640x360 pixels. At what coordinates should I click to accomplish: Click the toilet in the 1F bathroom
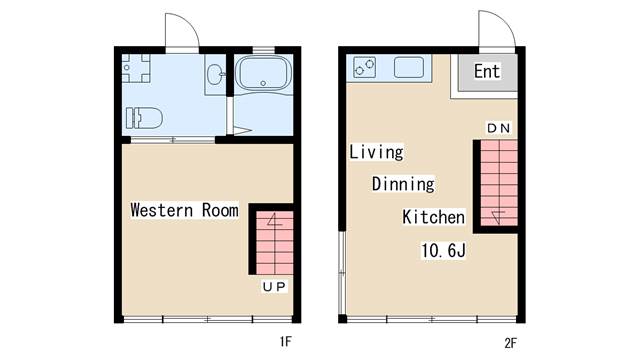[144, 118]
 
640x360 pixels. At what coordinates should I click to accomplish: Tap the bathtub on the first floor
[263, 75]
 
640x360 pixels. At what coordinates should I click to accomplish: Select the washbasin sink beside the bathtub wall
[215, 75]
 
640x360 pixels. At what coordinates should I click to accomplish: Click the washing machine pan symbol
[136, 68]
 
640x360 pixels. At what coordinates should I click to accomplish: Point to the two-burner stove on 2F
[364, 67]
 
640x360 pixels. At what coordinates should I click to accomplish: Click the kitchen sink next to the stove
[409, 67]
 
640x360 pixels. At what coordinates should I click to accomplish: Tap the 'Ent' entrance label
[487, 71]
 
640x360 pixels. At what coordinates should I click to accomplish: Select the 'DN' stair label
[498, 128]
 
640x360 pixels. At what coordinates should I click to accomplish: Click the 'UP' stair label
[274, 287]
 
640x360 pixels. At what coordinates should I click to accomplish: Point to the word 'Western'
[162, 210]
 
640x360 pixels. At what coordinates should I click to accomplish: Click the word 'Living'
[376, 152]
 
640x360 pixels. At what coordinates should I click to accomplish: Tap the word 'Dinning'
[403, 184]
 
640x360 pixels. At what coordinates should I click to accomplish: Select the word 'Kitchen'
[433, 217]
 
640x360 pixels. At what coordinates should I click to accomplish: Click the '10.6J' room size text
[443, 250]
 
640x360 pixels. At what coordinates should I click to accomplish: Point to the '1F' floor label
[286, 341]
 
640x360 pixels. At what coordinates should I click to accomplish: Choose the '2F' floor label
[510, 343]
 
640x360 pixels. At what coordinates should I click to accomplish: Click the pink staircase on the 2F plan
[499, 183]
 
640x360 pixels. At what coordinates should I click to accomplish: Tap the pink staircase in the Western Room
[274, 242]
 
